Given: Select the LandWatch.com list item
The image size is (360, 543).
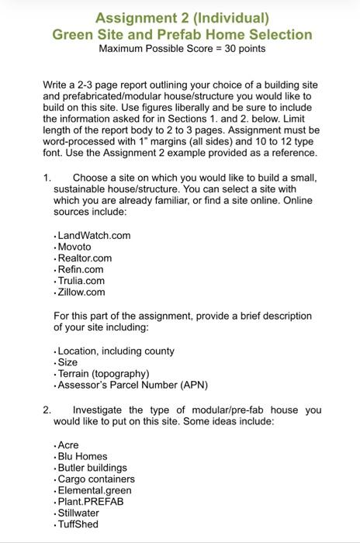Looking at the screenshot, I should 94,236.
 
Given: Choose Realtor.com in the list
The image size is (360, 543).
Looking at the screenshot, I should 85,258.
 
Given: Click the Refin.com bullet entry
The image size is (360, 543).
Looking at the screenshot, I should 81,269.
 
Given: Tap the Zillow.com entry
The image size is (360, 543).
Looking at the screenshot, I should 81,292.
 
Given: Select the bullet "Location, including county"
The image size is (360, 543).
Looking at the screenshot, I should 116,351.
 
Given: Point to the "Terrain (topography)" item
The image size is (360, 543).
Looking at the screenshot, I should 103,374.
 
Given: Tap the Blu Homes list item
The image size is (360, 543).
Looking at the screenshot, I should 82,457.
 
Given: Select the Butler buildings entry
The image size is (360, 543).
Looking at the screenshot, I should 92,468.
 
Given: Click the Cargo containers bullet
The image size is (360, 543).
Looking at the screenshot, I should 96,479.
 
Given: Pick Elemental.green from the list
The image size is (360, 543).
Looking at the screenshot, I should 95,490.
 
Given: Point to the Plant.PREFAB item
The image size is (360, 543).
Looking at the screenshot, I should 91,501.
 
